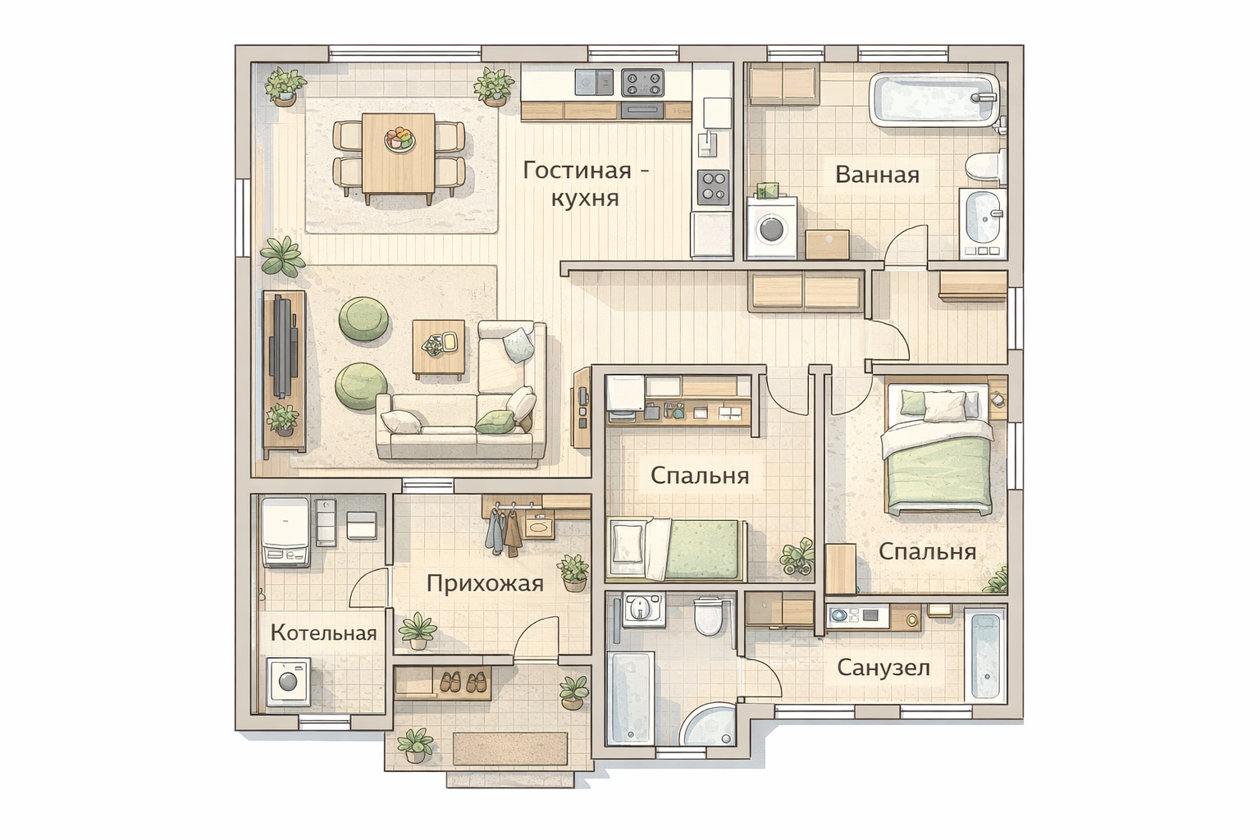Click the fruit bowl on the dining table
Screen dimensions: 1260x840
pos(399,139)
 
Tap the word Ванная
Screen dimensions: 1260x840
pos(877,175)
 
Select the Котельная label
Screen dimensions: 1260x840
pos(323,633)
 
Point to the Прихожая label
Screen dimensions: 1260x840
pos(485,584)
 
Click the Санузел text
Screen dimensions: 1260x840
pos(883,668)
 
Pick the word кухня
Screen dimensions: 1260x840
pos(585,198)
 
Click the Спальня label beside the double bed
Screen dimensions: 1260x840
pos(927,551)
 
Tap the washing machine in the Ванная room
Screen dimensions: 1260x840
pos(772,226)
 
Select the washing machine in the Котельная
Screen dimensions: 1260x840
pos(289,682)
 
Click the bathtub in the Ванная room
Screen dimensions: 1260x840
pos(934,99)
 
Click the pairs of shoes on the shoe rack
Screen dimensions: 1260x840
pos(463,682)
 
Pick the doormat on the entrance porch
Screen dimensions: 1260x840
pos(510,749)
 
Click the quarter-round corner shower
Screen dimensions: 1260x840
pos(710,725)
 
